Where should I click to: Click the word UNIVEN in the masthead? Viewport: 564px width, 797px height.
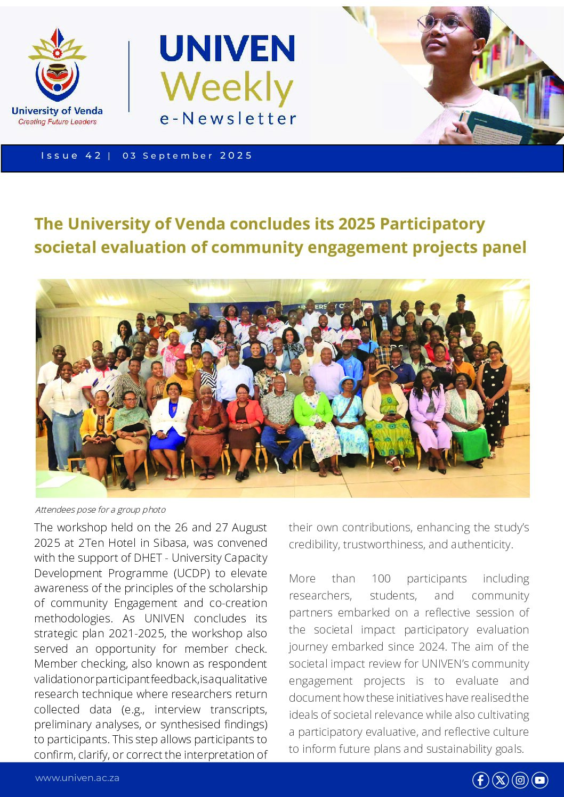pyautogui.click(x=227, y=49)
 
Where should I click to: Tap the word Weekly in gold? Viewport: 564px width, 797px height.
pyautogui.click(x=227, y=87)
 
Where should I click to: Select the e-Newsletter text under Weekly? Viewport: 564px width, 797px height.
pyautogui.click(x=228, y=119)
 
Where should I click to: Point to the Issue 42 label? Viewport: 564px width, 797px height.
pyautogui.click(x=71, y=155)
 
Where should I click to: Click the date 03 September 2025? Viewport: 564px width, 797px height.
pyautogui.click(x=187, y=155)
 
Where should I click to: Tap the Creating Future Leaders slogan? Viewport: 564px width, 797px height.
pyautogui.click(x=57, y=122)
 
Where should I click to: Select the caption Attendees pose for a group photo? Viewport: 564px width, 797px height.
pyautogui.click(x=100, y=510)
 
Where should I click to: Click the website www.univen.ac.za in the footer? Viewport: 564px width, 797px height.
pyautogui.click(x=77, y=778)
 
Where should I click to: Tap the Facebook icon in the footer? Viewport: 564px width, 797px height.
pyautogui.click(x=480, y=780)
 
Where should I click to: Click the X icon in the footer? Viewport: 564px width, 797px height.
pyautogui.click(x=500, y=780)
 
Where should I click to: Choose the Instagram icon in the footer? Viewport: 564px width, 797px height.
pyautogui.click(x=520, y=780)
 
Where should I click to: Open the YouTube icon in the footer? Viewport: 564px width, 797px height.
pyautogui.click(x=539, y=780)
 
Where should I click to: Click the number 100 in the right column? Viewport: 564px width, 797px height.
pyautogui.click(x=381, y=579)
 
